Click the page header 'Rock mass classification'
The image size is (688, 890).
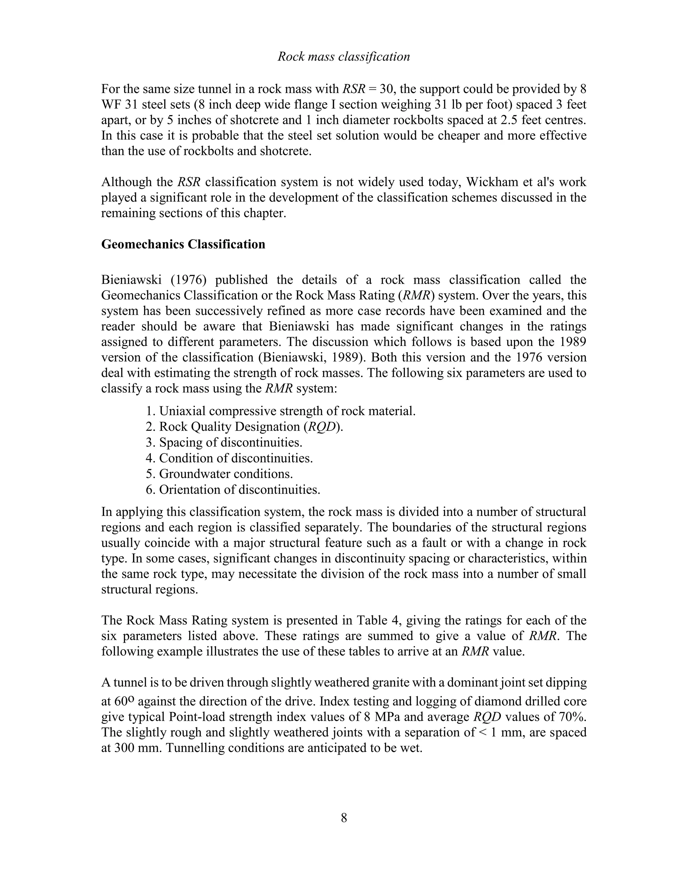click(x=344, y=57)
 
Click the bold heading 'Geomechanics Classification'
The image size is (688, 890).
click(x=183, y=244)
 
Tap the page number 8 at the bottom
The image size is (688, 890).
click(x=344, y=818)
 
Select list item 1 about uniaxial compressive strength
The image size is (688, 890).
click(x=281, y=411)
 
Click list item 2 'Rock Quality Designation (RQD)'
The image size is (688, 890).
click(x=244, y=427)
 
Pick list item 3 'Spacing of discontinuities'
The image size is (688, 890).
click(x=224, y=442)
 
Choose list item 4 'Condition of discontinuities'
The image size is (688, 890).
click(x=229, y=458)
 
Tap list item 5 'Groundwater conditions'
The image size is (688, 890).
click(x=219, y=474)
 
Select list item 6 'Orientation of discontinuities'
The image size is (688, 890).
click(x=233, y=489)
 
